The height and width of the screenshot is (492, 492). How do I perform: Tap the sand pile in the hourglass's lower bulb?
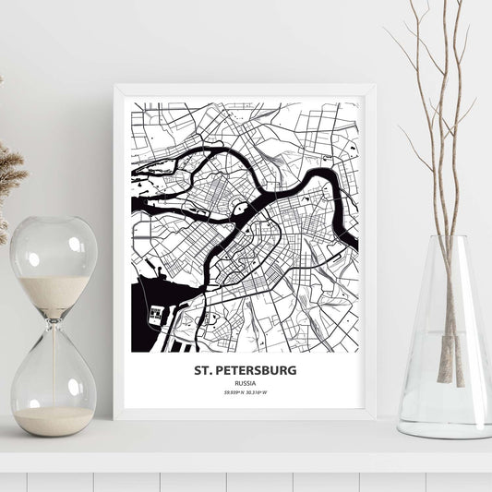tap(54, 420)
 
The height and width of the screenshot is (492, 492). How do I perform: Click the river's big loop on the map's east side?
tap(329, 185)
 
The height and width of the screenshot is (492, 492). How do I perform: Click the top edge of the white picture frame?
tap(246, 89)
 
